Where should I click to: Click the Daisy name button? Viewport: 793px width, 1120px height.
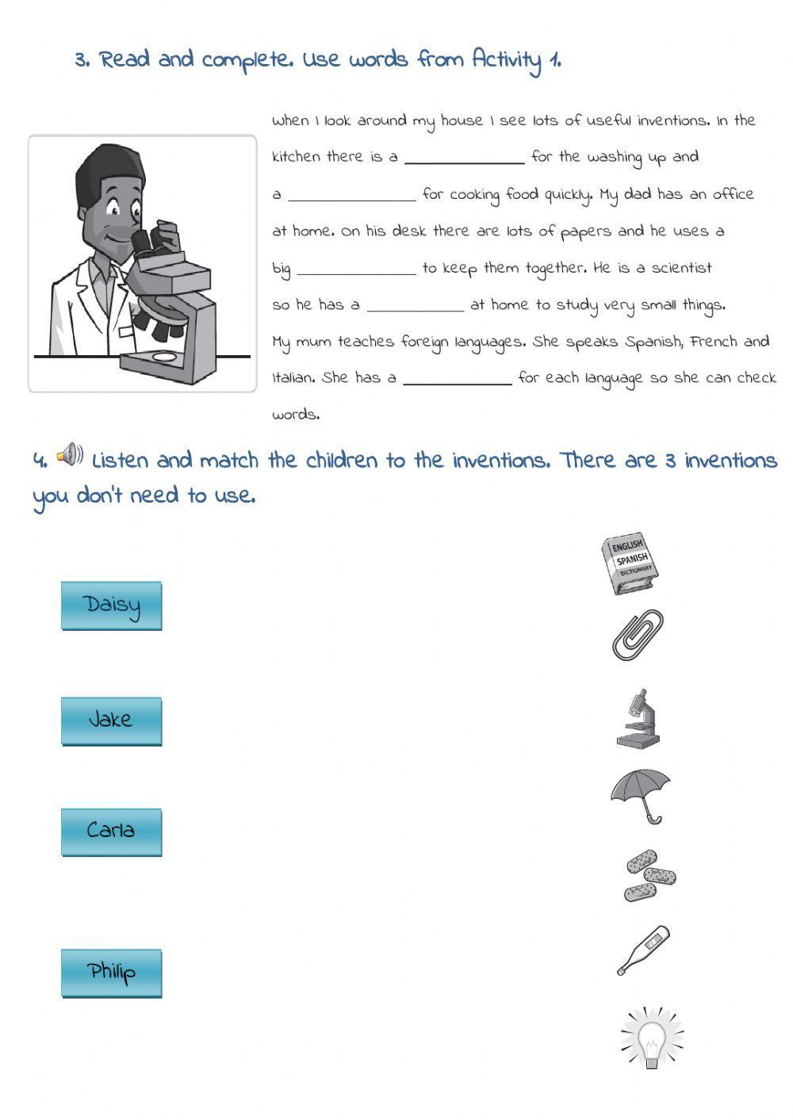112,606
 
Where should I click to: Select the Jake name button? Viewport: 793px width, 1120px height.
112,721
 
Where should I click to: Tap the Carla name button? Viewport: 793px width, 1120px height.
112,832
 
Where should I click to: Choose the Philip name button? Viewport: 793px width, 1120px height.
112,973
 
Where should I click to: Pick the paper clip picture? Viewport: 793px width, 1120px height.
637,635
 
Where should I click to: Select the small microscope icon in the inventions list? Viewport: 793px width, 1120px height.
638,718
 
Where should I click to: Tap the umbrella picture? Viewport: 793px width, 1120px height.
641,795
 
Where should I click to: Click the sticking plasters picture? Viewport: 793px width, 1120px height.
649,876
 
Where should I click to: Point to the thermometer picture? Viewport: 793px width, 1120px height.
643,950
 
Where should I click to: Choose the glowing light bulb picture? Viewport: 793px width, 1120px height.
652,1038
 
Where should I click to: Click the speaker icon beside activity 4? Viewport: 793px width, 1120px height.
70,455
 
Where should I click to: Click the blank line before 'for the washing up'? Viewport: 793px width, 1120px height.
464,159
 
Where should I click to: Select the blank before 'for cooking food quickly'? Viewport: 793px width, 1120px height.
351,197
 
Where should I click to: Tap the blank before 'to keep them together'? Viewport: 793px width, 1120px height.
356,270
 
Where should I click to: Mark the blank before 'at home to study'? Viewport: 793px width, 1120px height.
415,308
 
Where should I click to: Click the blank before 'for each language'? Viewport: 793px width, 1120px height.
458,380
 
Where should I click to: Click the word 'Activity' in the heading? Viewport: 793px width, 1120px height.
506,60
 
